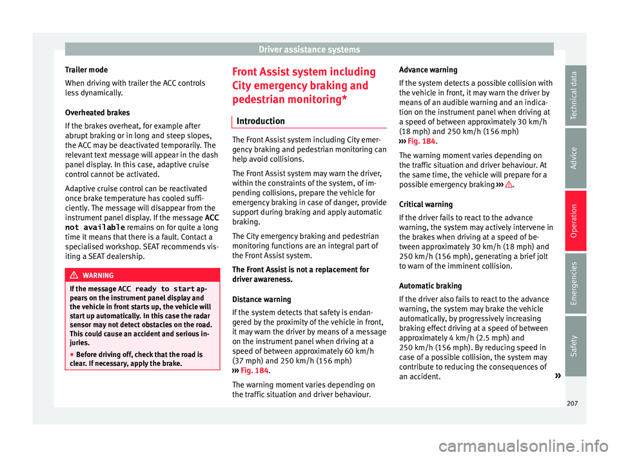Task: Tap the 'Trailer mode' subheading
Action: (84, 69)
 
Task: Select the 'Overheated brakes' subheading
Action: (94, 112)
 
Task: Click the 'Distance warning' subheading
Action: (259, 300)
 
